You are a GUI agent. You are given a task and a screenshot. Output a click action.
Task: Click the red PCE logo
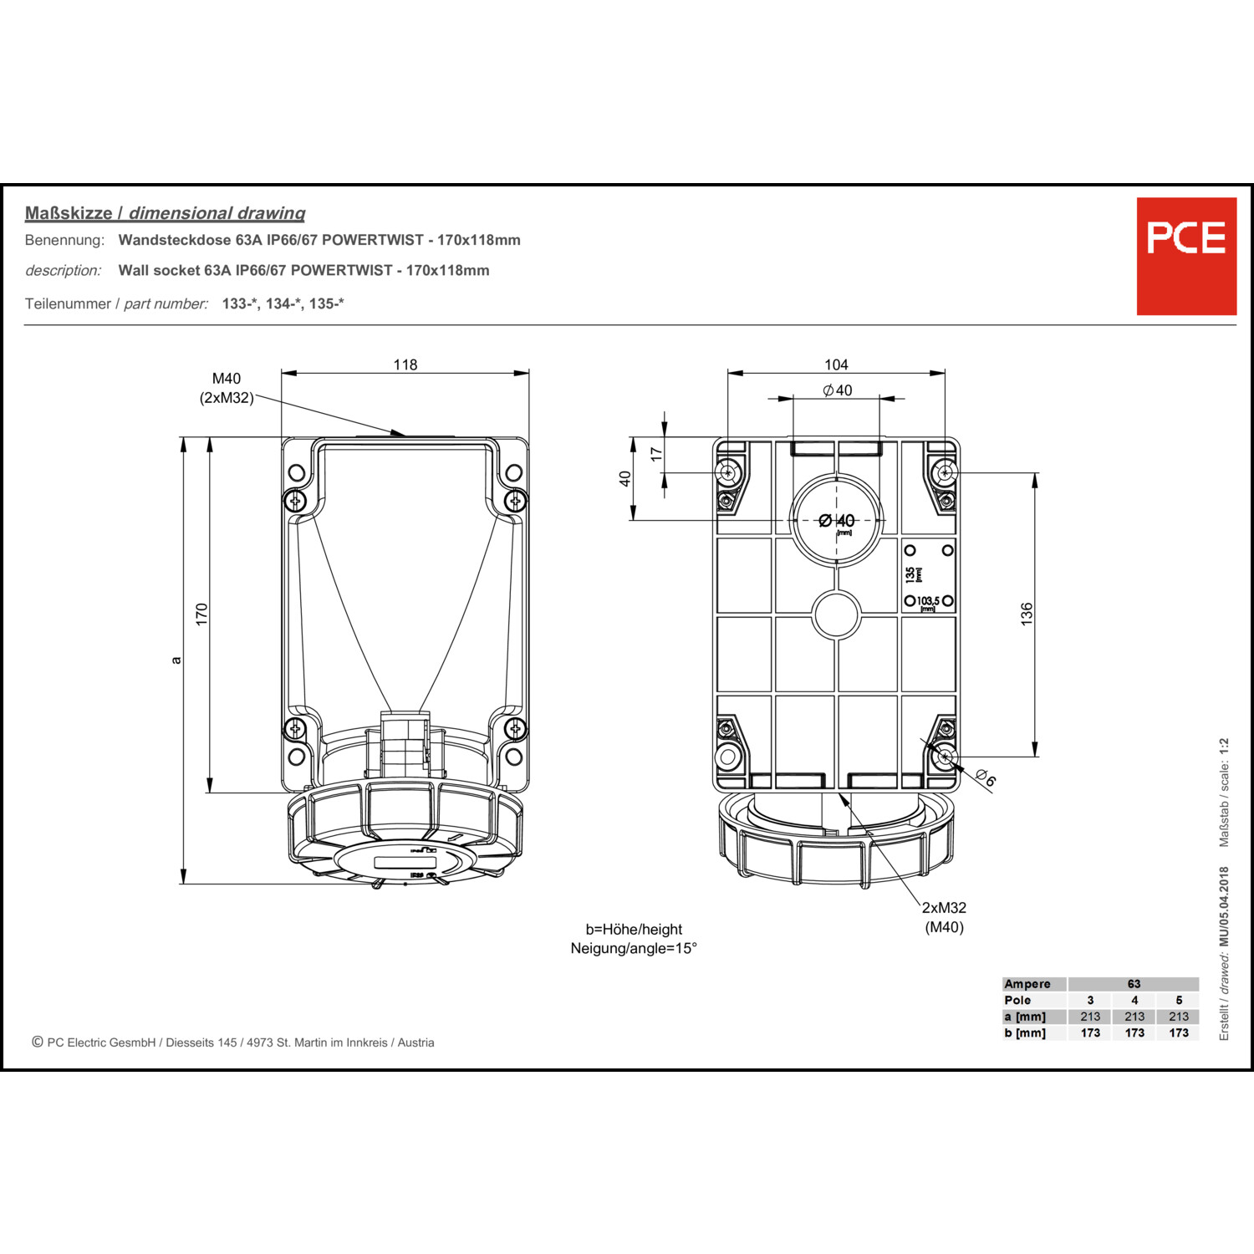click(x=1185, y=256)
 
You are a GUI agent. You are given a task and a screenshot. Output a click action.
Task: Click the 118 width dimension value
click(x=405, y=364)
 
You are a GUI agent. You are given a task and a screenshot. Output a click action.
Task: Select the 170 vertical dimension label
click(x=201, y=614)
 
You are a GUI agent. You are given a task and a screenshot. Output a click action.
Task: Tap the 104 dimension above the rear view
click(x=836, y=364)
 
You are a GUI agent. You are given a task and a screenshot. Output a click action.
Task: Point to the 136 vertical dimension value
click(x=1027, y=614)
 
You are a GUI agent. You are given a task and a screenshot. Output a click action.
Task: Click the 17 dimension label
click(x=657, y=454)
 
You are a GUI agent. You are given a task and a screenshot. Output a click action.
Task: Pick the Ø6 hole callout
click(x=986, y=778)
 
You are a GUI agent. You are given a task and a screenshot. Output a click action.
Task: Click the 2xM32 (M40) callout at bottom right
click(x=944, y=917)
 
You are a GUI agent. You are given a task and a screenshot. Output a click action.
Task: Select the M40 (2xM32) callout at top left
click(x=226, y=388)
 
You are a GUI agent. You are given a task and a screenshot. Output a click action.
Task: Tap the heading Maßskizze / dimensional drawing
click(x=165, y=213)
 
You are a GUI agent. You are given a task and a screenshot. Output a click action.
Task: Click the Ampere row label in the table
click(x=1027, y=984)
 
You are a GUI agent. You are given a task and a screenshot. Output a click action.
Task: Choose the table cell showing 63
click(x=1134, y=984)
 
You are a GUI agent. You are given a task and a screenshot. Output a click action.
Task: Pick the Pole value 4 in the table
click(x=1134, y=1000)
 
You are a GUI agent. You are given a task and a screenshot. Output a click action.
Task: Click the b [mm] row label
click(x=1025, y=1032)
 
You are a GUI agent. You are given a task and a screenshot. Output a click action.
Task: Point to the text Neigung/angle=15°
click(x=634, y=948)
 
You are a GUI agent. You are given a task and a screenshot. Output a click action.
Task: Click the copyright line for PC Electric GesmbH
click(x=233, y=1042)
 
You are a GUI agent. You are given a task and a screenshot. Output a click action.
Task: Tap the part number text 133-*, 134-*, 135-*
click(x=283, y=303)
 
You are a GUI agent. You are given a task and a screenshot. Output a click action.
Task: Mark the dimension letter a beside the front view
click(x=176, y=660)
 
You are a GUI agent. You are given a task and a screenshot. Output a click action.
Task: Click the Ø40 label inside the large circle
click(x=837, y=521)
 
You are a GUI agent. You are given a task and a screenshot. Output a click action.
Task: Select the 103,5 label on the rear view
click(x=928, y=601)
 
